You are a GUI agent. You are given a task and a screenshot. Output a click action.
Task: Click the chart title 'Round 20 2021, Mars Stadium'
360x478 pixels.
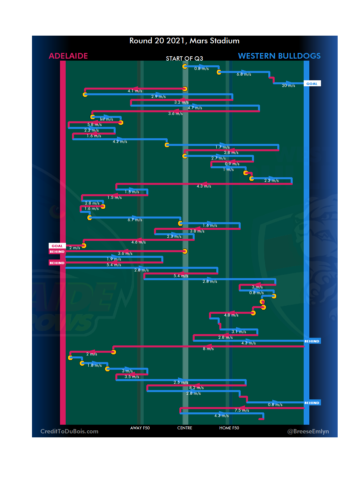tap(184, 41)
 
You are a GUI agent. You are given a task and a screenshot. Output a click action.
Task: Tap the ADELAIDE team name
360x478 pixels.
tap(68, 56)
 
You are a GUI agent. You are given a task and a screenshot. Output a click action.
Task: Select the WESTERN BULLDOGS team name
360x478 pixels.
tap(279, 56)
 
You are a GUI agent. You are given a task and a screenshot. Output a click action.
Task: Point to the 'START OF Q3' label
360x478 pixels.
tap(184, 59)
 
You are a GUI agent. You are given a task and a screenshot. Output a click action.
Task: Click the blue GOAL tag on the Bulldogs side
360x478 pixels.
tap(312, 84)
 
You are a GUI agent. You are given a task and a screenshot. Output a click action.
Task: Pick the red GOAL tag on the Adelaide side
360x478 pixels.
tap(57, 246)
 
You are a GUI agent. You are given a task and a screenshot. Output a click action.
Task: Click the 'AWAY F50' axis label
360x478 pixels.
tap(140, 428)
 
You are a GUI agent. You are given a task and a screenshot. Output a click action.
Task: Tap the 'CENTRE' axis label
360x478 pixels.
tap(185, 428)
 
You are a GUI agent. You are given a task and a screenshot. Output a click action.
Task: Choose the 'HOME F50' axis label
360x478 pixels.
tap(229, 428)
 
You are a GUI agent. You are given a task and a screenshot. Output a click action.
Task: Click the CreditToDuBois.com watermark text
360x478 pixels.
tap(69, 431)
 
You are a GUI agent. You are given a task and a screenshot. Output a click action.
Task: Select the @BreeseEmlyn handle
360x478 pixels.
tap(308, 431)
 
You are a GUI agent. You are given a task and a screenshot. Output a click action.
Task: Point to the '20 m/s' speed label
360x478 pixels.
tap(288, 86)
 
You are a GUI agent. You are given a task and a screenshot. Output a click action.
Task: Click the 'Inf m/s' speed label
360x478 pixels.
tap(106, 119)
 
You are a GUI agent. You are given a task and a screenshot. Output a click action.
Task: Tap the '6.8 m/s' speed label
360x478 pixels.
tap(244, 74)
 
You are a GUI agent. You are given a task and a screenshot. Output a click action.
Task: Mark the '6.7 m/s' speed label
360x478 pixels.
tap(135, 220)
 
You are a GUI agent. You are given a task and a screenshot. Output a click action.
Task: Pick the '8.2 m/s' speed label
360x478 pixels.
tap(196, 388)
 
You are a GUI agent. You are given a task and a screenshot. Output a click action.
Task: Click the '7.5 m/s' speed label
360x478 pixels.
tap(242, 410)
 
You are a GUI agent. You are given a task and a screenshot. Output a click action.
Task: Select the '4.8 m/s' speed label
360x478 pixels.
tap(231, 315)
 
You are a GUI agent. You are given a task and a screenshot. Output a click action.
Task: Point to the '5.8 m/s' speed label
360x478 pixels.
tap(94, 125)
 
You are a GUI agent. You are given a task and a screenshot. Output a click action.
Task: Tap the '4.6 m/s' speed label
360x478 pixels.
tap(138, 242)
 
